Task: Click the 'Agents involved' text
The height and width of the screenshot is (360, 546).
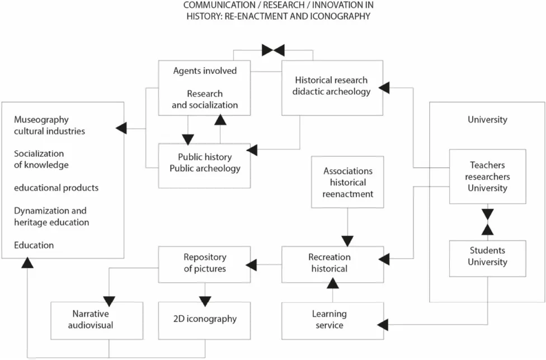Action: coord(205,71)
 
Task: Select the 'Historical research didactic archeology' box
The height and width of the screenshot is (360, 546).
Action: coord(332,87)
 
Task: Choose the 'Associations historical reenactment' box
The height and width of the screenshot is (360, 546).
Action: coord(347,183)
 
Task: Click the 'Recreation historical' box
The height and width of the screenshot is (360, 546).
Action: coord(332,264)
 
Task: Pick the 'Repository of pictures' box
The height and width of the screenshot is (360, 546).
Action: coord(205,264)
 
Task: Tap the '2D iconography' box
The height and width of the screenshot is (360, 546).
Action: coord(205,320)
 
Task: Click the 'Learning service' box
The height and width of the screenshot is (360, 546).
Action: coord(332,320)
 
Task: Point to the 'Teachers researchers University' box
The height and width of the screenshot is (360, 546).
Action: coord(487,176)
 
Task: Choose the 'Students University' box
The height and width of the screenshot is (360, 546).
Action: coord(487,257)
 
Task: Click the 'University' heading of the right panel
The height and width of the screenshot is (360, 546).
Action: coord(487,120)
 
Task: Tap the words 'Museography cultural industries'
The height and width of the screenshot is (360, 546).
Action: coord(50,125)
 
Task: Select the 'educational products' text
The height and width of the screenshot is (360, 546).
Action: coord(56,188)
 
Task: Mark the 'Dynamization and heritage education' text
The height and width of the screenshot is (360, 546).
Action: coord(51,217)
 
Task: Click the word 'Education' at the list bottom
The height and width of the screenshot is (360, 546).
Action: coord(34,245)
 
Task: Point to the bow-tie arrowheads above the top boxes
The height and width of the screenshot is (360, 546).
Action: coord(273,50)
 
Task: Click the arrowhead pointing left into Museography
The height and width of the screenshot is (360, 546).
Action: coord(121,129)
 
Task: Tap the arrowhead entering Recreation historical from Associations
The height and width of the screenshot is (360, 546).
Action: coord(347,241)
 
